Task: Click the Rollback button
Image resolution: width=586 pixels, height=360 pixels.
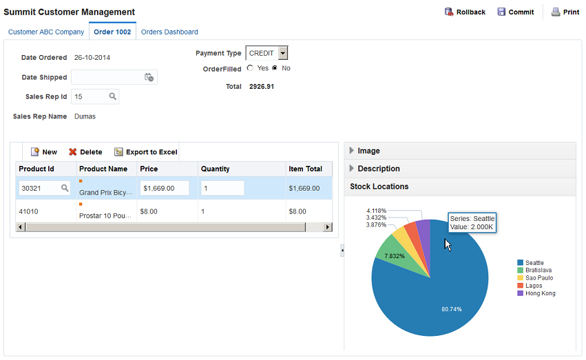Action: pos(465,12)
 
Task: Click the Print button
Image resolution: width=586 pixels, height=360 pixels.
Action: pos(565,12)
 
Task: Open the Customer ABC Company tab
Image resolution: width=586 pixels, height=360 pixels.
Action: pos(46,32)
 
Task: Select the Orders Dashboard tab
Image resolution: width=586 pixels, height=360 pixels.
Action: pos(169,32)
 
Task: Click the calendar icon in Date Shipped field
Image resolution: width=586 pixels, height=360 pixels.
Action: pos(149,77)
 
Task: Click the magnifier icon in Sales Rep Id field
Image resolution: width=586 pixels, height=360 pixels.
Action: pos(112,96)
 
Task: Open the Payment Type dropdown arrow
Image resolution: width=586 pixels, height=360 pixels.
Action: pos(283,53)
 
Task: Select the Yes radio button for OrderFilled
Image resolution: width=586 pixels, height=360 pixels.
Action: pos(250,68)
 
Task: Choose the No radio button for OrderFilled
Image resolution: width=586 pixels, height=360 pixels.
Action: pos(275,68)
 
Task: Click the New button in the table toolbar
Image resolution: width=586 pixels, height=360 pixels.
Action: pos(43,152)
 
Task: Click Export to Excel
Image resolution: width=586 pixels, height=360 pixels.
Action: pos(146,152)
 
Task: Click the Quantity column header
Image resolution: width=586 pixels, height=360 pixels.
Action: pos(216,169)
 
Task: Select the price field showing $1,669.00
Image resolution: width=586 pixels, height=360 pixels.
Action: pos(165,188)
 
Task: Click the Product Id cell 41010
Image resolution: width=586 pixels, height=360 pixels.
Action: pos(28,211)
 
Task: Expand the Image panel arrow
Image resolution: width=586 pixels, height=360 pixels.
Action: pos(351,151)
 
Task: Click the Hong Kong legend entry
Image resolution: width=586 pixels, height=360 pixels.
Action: pos(536,293)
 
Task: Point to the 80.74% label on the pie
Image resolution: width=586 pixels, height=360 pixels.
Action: pos(452,309)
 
